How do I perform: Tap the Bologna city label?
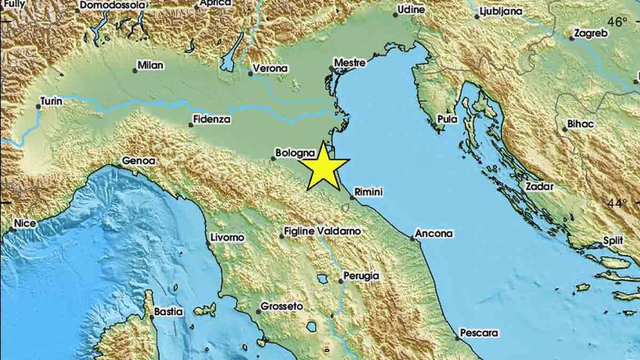click(291, 153)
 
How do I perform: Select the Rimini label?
click(369, 191)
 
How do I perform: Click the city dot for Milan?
click(134, 70)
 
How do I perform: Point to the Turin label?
click(51, 101)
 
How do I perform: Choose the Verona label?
click(270, 68)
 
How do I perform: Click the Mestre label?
click(349, 63)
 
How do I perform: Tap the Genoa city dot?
click(119, 166)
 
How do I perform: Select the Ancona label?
click(434, 233)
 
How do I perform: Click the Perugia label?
click(361, 276)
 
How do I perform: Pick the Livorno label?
click(227, 237)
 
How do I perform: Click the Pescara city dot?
click(458, 337)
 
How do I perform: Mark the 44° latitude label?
click(618, 203)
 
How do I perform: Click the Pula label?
click(447, 119)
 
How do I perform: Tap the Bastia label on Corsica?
click(168, 311)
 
